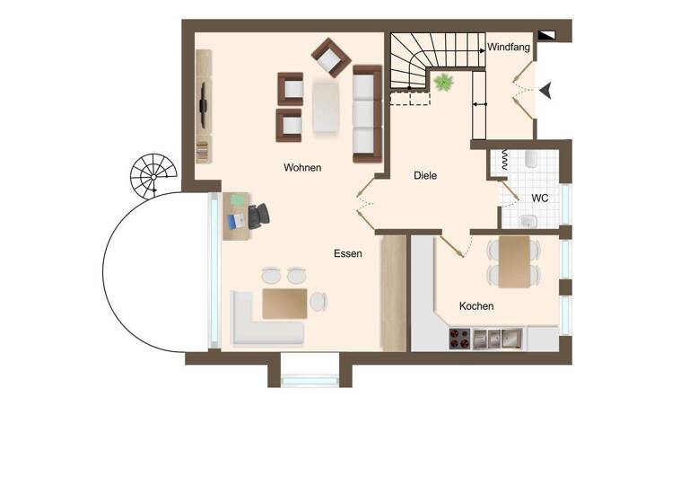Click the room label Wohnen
tap(302, 168)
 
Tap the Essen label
tap(347, 254)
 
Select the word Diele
tap(425, 176)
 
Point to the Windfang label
tap(509, 47)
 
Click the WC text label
tap(540, 198)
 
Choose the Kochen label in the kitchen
tap(476, 306)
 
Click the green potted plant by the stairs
tap(442, 83)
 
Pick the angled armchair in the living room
tap(331, 57)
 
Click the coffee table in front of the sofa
tap(327, 107)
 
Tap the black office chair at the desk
tap(257, 216)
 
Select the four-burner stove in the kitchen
tap(459, 338)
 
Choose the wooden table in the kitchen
tap(515, 261)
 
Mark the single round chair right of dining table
tap(318, 303)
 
